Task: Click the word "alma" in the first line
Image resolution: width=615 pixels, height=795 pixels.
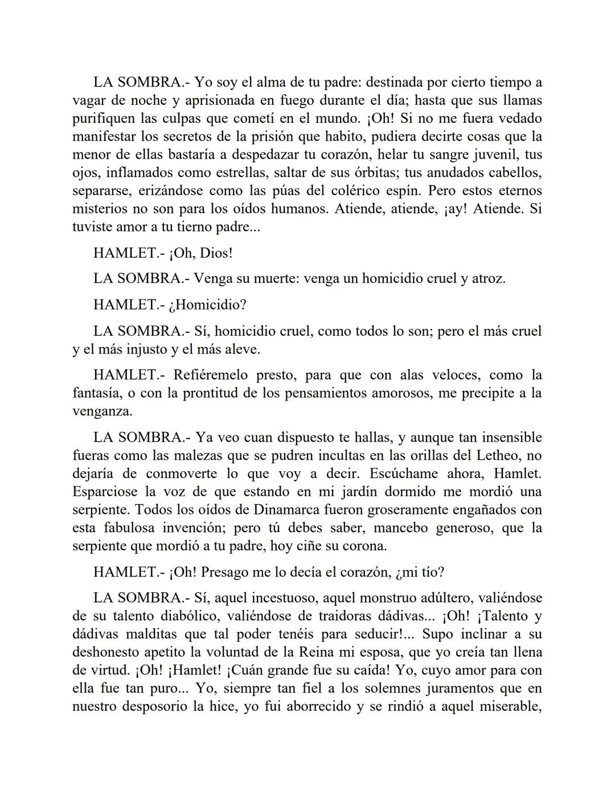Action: click(x=274, y=82)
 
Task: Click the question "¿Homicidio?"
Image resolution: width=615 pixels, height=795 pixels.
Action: click(x=208, y=304)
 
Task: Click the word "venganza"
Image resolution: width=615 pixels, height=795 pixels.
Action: click(x=102, y=411)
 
